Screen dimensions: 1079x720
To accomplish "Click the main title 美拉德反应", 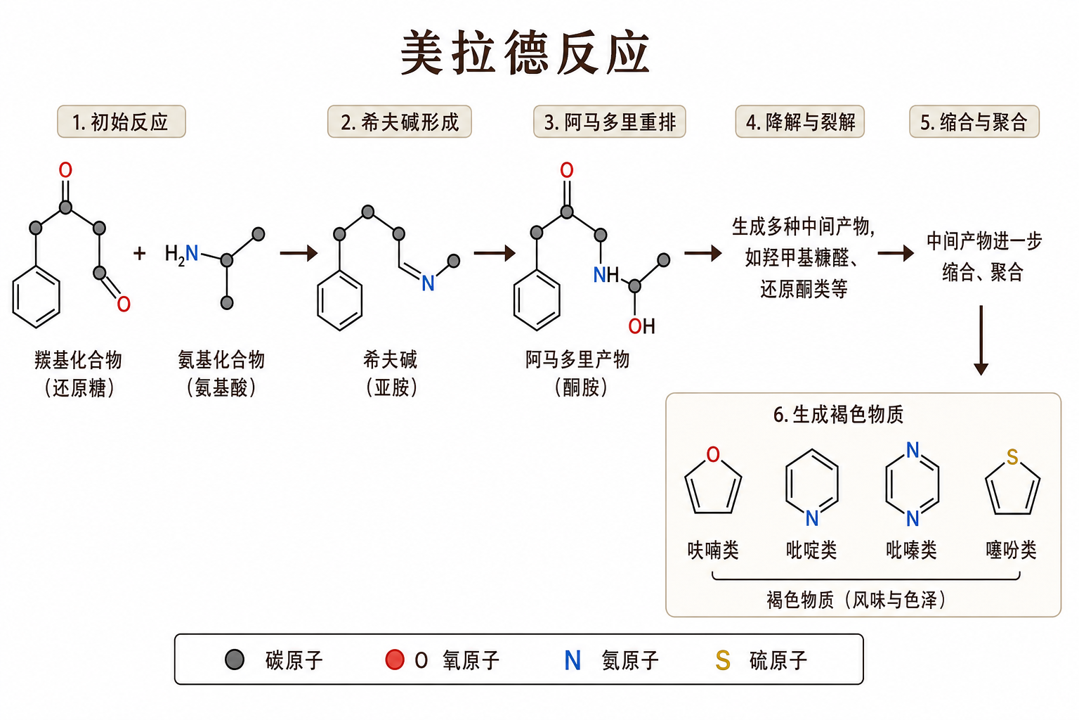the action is [x=525, y=52].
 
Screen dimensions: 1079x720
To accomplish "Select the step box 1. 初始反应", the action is [x=122, y=122].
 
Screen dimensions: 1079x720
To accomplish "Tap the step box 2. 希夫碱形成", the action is [x=399, y=122].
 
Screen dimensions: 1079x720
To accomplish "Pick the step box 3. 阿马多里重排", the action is [x=609, y=122].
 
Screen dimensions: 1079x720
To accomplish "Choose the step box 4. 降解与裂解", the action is [x=799, y=122].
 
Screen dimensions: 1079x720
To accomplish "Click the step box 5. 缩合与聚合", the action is [x=974, y=122].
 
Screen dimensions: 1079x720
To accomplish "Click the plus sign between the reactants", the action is [x=140, y=253].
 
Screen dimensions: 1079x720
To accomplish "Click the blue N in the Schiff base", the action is [x=428, y=283].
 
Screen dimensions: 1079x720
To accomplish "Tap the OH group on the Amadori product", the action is [x=641, y=326].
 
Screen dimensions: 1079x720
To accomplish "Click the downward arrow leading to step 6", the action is [x=981, y=340].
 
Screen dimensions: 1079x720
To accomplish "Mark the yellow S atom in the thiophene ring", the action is [x=1012, y=457].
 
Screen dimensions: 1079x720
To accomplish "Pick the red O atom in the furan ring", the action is [x=713, y=454].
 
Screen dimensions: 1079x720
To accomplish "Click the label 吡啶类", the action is [x=811, y=550].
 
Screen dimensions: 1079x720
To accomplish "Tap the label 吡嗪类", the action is [x=911, y=550].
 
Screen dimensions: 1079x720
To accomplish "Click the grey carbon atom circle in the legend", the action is [x=235, y=660].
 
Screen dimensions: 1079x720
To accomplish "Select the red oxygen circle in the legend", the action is [x=395, y=660].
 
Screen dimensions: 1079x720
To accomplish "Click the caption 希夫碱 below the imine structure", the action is [x=390, y=360].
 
